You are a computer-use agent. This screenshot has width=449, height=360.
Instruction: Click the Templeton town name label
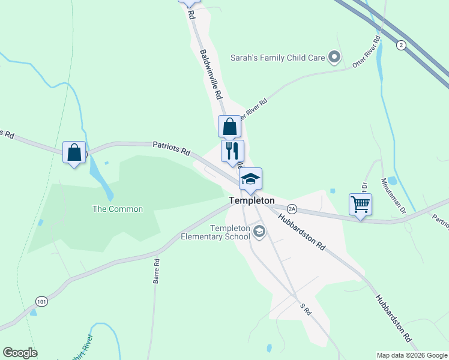(x=252, y=200)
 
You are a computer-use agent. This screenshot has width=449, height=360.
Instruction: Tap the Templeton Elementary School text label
(x=215, y=232)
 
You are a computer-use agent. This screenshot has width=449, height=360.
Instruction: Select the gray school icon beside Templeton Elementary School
(x=259, y=232)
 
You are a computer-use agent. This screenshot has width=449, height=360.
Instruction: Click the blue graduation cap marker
(x=250, y=179)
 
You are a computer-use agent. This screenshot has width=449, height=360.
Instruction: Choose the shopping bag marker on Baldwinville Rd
(x=229, y=127)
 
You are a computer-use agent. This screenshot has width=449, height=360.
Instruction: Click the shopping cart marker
(x=360, y=204)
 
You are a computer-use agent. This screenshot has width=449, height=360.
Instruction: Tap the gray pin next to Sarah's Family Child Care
(x=334, y=58)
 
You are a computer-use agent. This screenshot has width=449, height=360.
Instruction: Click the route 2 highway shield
(x=400, y=45)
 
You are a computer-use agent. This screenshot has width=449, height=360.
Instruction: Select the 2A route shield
(x=292, y=209)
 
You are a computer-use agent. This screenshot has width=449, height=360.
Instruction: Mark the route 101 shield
(x=41, y=300)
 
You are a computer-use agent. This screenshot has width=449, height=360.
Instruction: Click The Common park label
(x=118, y=209)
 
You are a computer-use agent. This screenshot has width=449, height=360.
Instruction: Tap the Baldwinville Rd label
(x=210, y=74)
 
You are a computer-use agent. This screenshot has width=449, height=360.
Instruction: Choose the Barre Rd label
(x=156, y=271)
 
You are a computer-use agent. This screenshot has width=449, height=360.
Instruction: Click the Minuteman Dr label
(x=394, y=194)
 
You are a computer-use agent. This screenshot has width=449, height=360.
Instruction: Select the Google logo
(x=20, y=353)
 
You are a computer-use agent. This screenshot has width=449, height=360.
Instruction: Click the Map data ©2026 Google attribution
(x=412, y=355)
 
